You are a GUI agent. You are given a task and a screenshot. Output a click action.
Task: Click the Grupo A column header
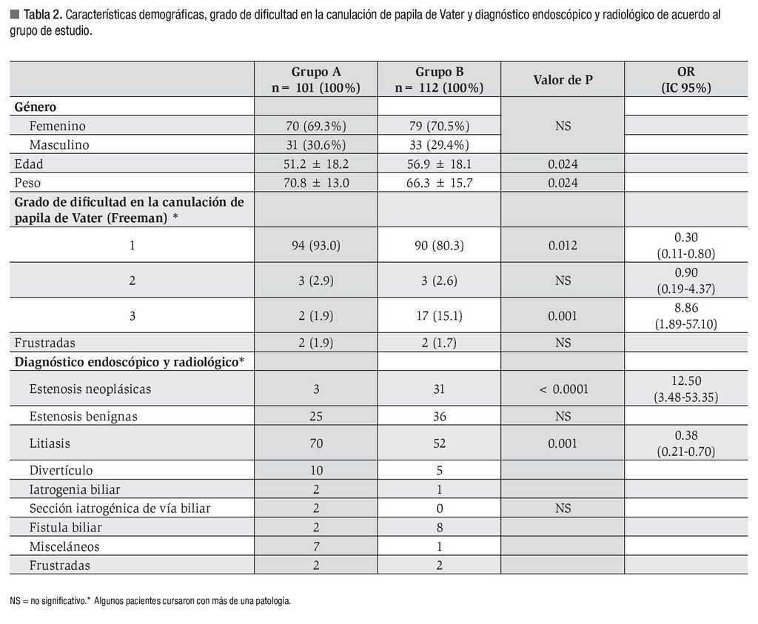[315, 79]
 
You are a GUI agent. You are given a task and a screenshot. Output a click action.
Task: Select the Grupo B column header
[439, 79]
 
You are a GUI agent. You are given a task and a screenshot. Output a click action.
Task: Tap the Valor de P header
[563, 79]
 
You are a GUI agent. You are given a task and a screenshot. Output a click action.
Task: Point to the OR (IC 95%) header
[685, 79]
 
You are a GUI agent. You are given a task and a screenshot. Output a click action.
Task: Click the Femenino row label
[58, 126]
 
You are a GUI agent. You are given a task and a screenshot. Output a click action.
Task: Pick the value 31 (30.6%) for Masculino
[315, 144]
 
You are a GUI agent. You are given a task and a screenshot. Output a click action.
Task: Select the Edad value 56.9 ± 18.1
[439, 164]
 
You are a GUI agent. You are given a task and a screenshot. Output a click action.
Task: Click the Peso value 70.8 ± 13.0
[315, 183]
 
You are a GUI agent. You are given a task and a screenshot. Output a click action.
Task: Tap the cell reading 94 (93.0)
[315, 245]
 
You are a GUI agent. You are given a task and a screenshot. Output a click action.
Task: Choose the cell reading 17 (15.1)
[439, 316]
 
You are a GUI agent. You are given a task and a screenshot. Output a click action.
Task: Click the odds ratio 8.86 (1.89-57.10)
[685, 316]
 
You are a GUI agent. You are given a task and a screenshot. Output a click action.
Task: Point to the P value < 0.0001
[563, 389]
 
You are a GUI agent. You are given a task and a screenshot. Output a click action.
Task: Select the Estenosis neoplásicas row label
[90, 389]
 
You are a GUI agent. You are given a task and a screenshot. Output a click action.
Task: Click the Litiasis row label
[51, 443]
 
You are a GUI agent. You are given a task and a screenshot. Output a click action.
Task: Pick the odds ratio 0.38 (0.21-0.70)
[685, 443]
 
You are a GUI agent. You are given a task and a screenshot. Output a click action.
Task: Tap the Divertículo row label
[61, 470]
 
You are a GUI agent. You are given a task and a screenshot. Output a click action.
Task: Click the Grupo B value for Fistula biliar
[439, 527]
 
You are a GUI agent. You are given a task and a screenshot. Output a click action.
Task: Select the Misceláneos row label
[64, 546]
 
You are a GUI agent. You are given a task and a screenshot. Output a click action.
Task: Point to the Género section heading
[36, 107]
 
